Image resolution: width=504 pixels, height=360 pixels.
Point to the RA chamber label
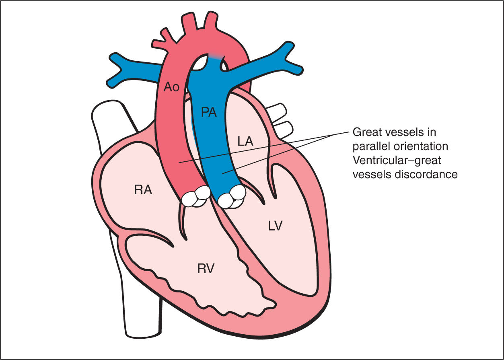coord(143,190)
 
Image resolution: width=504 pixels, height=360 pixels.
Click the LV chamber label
coord(275,226)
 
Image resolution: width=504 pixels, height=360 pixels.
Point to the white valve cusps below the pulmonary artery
coord(231,197)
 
